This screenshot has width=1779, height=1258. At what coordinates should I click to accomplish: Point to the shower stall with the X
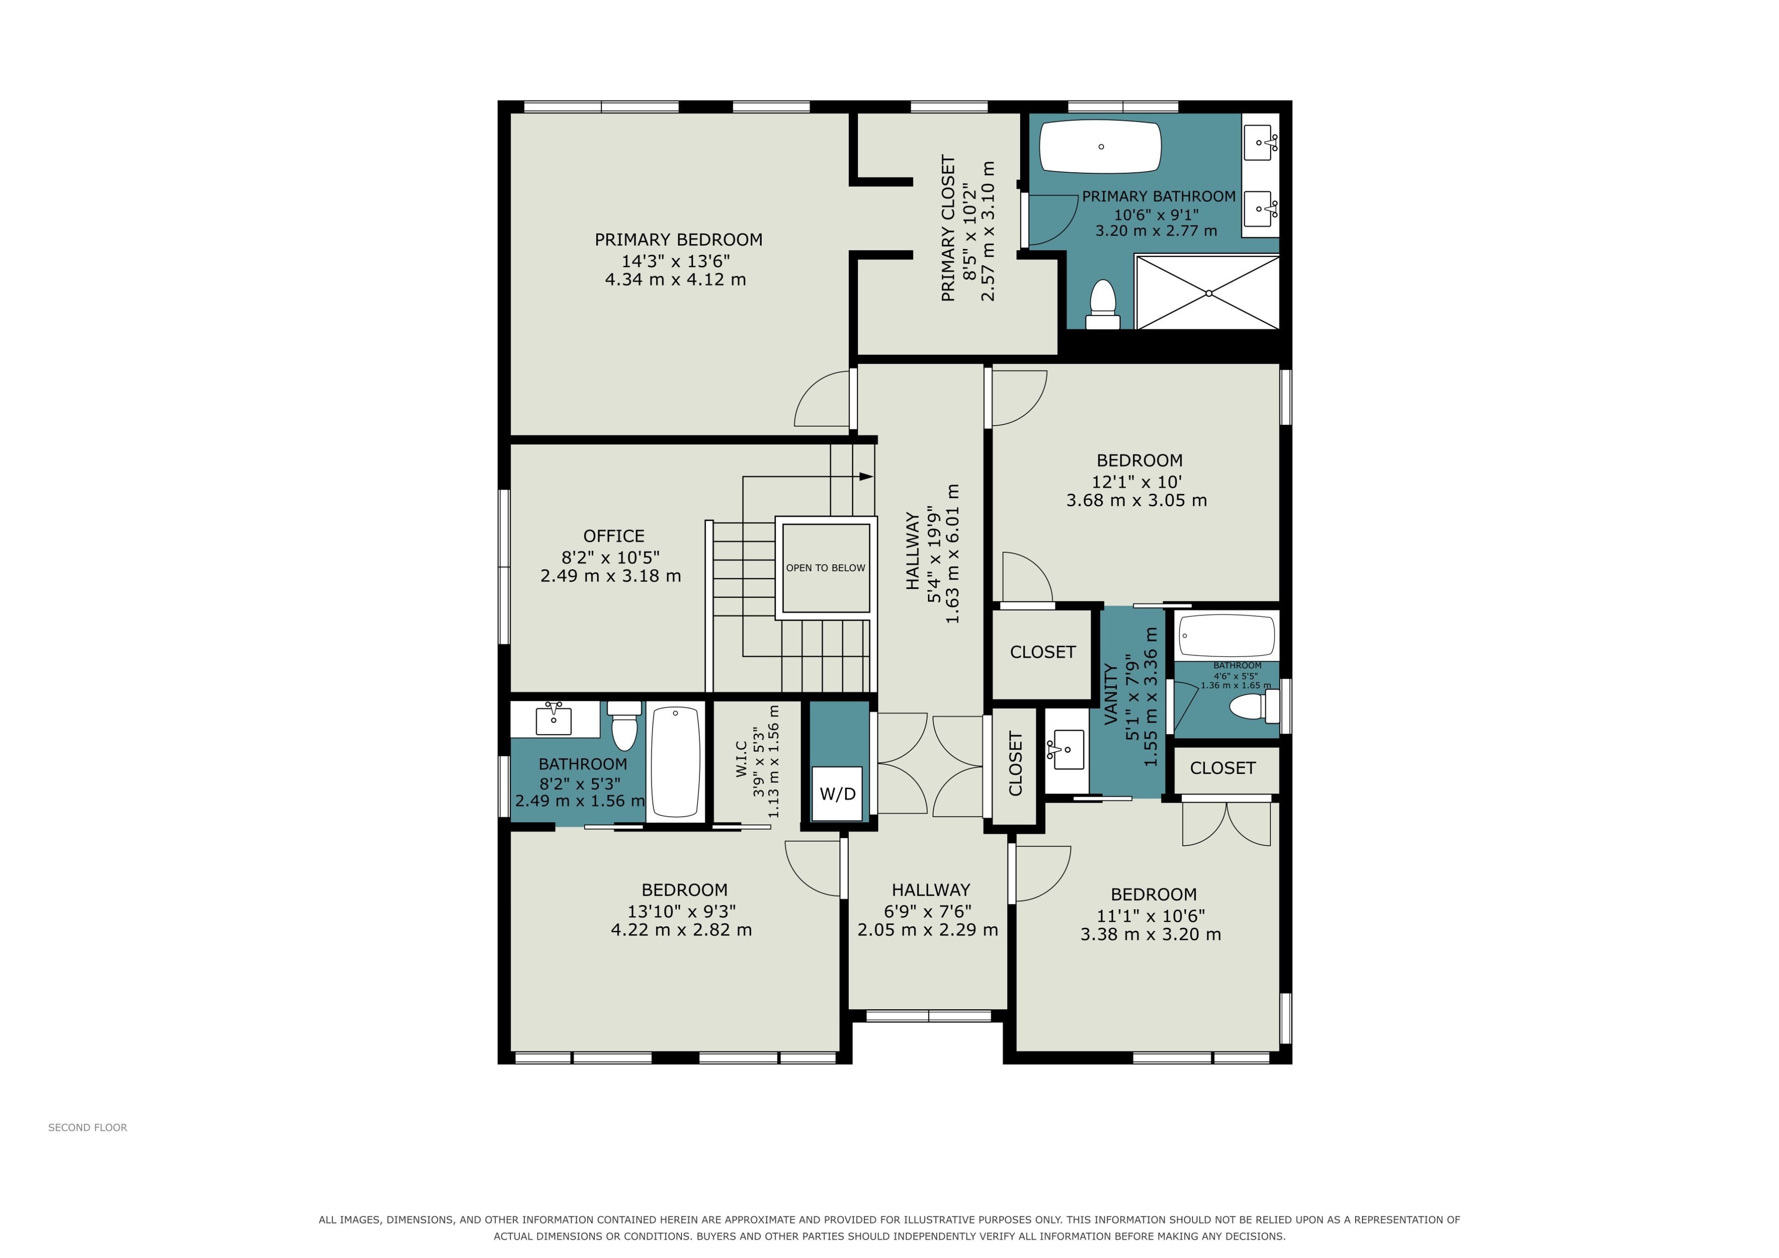pyautogui.click(x=1207, y=293)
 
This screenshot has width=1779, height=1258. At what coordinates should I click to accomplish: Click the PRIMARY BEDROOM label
pyautogui.click(x=679, y=240)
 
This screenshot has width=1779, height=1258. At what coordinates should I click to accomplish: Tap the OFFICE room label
pyautogui.click(x=614, y=536)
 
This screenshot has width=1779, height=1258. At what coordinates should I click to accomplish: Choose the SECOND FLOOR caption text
pyautogui.click(x=88, y=1127)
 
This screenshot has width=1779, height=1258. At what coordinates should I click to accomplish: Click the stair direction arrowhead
pyautogui.click(x=866, y=477)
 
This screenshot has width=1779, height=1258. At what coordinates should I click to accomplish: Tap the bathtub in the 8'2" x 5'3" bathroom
pyautogui.click(x=675, y=761)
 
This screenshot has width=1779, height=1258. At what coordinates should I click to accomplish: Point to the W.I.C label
pyautogui.click(x=742, y=759)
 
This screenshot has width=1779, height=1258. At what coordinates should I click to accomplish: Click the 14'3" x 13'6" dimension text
pyautogui.click(x=675, y=261)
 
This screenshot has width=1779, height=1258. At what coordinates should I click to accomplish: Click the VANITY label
pyautogui.click(x=1110, y=693)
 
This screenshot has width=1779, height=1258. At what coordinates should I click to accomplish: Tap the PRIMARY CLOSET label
pyautogui.click(x=948, y=228)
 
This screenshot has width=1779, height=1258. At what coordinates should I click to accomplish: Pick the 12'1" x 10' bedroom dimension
pyautogui.click(x=1137, y=481)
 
